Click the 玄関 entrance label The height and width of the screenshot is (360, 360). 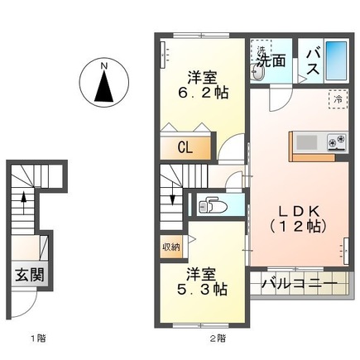pyautogui.click(x=27, y=275)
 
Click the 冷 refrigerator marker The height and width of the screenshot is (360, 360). pyautogui.click(x=338, y=98)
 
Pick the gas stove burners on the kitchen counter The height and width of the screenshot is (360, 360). pyautogui.click(x=336, y=142)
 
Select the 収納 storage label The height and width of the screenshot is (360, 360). pyautogui.click(x=171, y=246)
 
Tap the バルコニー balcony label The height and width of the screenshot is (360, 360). pyautogui.click(x=300, y=285)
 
